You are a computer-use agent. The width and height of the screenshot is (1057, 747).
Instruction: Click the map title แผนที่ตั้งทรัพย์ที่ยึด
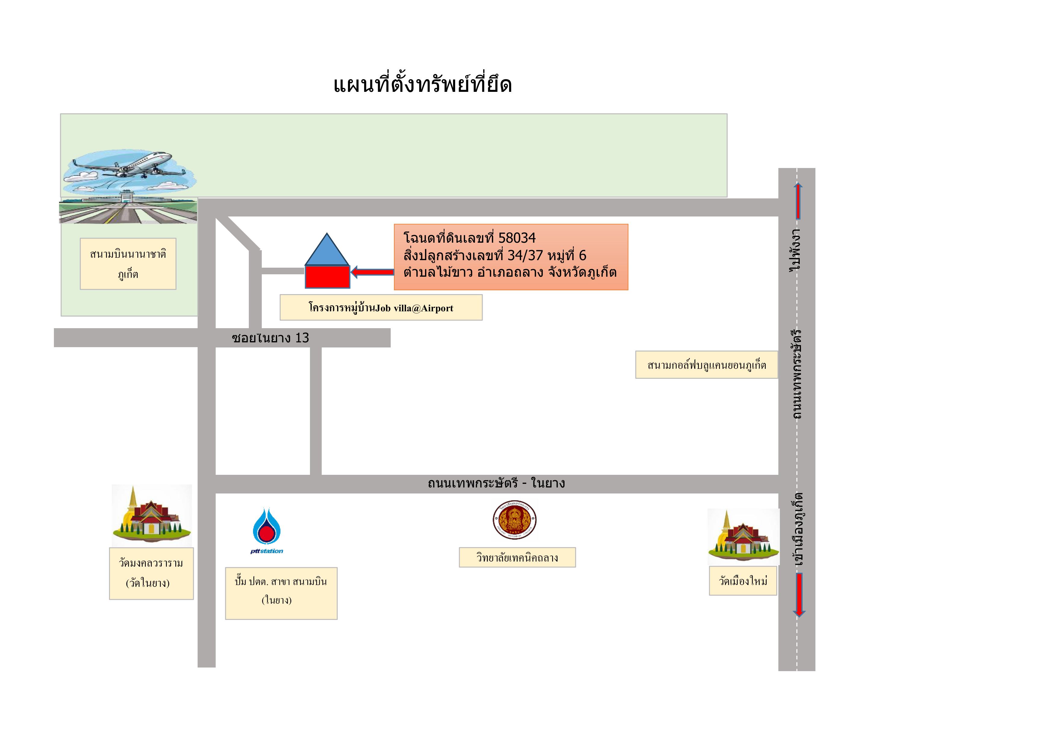(423, 84)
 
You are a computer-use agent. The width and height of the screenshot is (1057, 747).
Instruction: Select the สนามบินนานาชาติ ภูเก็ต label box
(128, 264)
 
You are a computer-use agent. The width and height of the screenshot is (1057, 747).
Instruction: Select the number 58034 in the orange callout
(517, 238)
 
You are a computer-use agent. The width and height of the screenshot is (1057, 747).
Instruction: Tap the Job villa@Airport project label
(381, 307)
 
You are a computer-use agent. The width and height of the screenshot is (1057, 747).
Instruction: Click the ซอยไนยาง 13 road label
(270, 338)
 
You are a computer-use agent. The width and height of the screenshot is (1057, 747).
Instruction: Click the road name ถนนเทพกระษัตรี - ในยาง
(496, 483)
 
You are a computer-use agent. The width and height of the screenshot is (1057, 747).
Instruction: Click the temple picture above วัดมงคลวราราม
(152, 515)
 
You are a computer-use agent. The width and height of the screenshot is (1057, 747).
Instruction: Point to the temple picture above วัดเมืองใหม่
(743, 537)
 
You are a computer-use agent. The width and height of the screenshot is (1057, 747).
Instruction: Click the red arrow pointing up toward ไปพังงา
(798, 201)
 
